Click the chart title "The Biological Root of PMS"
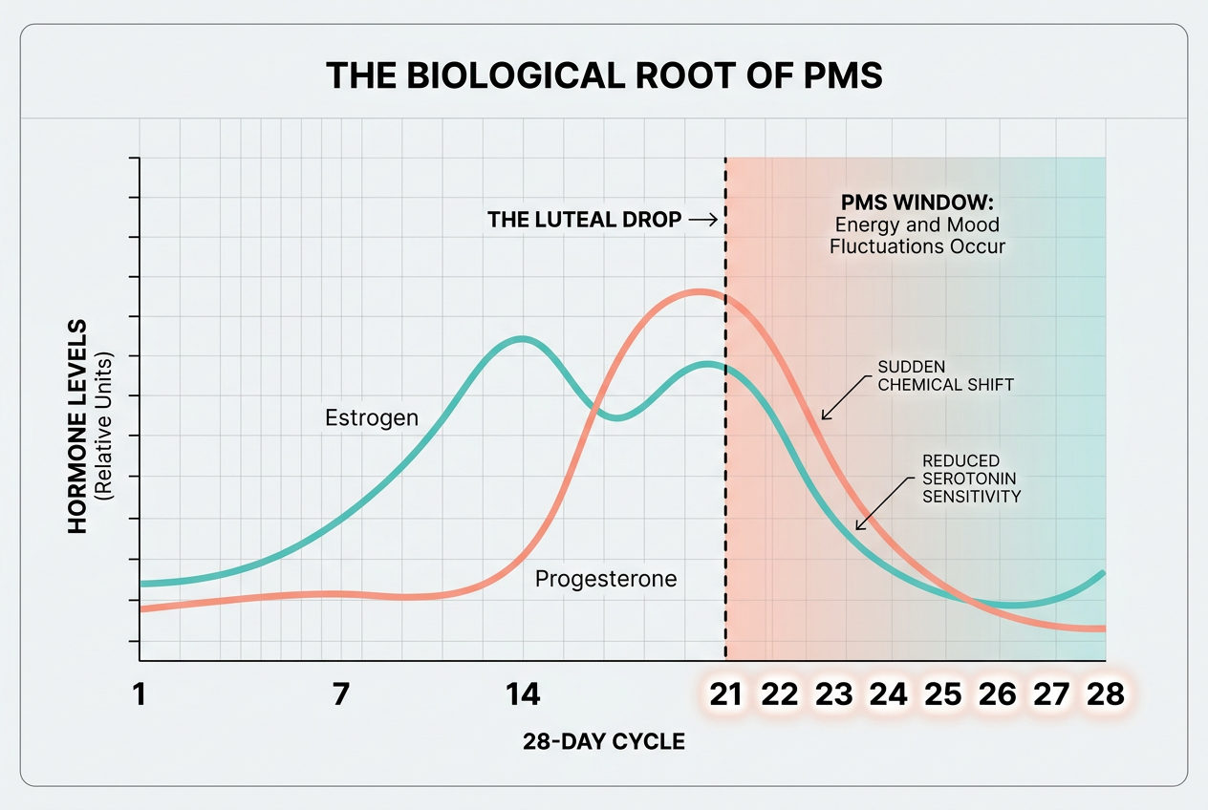click(604, 75)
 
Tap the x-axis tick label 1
click(140, 694)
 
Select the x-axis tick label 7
click(341, 694)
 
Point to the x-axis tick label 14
click(522, 694)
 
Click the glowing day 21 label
click(725, 694)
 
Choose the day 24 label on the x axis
click(889, 694)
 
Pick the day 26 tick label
click(998, 694)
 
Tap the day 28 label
click(1106, 694)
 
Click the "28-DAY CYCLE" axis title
click(604, 741)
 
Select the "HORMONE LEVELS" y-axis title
click(78, 427)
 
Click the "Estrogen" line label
click(372, 418)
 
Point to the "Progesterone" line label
click(606, 579)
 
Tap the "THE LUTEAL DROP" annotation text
click(585, 220)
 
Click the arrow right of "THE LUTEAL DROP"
click(702, 220)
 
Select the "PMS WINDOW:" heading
click(917, 203)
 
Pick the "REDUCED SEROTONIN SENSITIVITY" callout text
click(971, 479)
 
